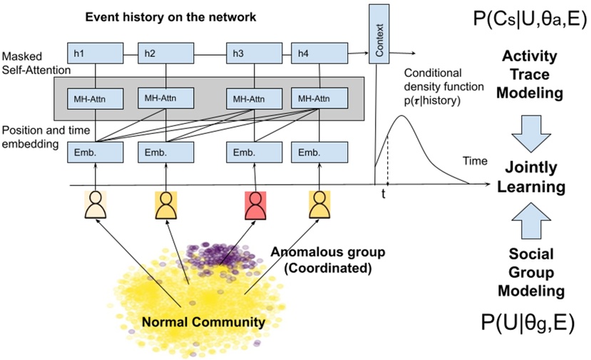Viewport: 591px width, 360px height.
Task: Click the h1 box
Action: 96,53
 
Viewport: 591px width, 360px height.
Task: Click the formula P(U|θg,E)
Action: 528,323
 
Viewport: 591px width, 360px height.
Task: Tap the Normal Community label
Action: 202,322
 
